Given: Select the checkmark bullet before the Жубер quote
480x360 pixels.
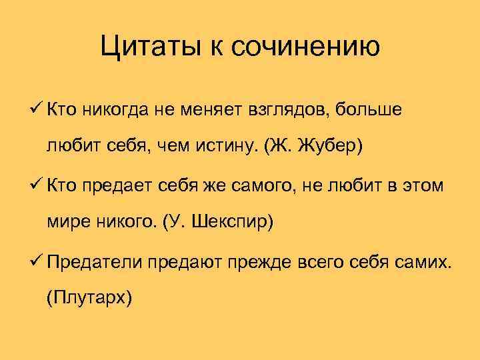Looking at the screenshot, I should click(x=37, y=109).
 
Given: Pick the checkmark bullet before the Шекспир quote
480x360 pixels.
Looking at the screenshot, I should click(x=37, y=184).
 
